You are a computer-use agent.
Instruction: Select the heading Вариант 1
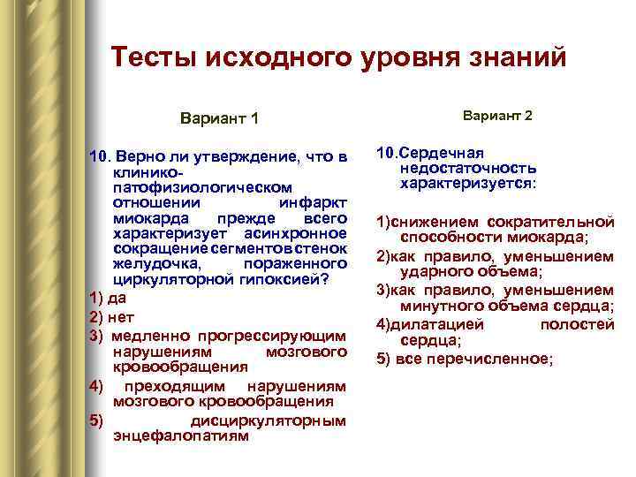tap(219, 117)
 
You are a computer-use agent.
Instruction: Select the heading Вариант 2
tap(498, 116)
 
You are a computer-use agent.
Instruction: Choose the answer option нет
tap(119, 316)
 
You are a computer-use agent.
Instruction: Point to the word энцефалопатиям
tap(181, 435)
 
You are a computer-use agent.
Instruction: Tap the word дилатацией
tap(437, 324)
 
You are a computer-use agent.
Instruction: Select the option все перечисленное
tap(474, 359)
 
